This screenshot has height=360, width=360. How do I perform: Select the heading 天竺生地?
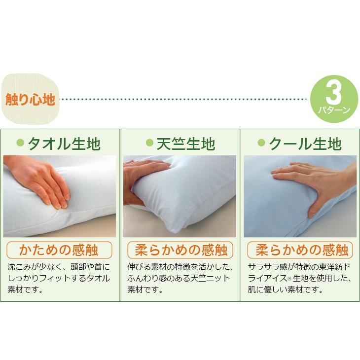coord(185,144)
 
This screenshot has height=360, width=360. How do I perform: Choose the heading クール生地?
coord(305,144)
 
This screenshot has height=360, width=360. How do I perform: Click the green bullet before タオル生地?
coord(20,143)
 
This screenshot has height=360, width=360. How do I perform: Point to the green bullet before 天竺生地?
coord(149,143)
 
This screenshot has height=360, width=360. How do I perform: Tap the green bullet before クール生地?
coord(262,143)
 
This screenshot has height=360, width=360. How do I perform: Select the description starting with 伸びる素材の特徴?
coord(180,279)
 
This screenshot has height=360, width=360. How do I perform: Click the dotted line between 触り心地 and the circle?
coord(182,99)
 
